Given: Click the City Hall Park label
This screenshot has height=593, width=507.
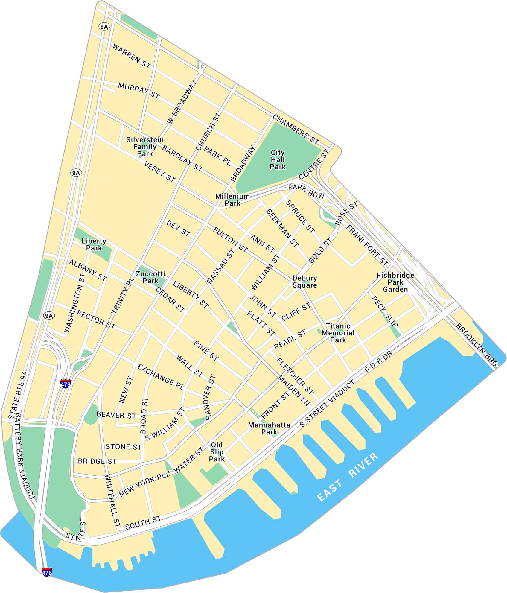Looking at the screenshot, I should point(278,159).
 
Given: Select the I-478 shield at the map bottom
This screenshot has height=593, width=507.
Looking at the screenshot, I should point(47,572).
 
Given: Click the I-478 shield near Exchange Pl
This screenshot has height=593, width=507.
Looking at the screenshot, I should point(65,384).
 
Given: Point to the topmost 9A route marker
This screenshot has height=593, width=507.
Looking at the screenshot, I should point(104,27).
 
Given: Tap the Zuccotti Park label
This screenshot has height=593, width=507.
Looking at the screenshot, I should point(150,277).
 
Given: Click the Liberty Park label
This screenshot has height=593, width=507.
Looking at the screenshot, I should point(94,244).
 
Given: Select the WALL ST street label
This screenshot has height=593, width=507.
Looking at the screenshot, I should point(190,366).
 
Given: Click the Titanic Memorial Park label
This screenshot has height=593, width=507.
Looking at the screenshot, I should point(338,333).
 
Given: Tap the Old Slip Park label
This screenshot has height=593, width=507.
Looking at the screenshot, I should point(217,452).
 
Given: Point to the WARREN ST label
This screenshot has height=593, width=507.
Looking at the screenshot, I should point(132,56).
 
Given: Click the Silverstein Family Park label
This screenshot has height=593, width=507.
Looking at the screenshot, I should point(145,147).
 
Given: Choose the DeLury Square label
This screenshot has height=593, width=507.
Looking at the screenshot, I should point(304,282).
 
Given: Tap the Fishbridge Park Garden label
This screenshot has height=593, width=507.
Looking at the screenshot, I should point(395,282).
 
